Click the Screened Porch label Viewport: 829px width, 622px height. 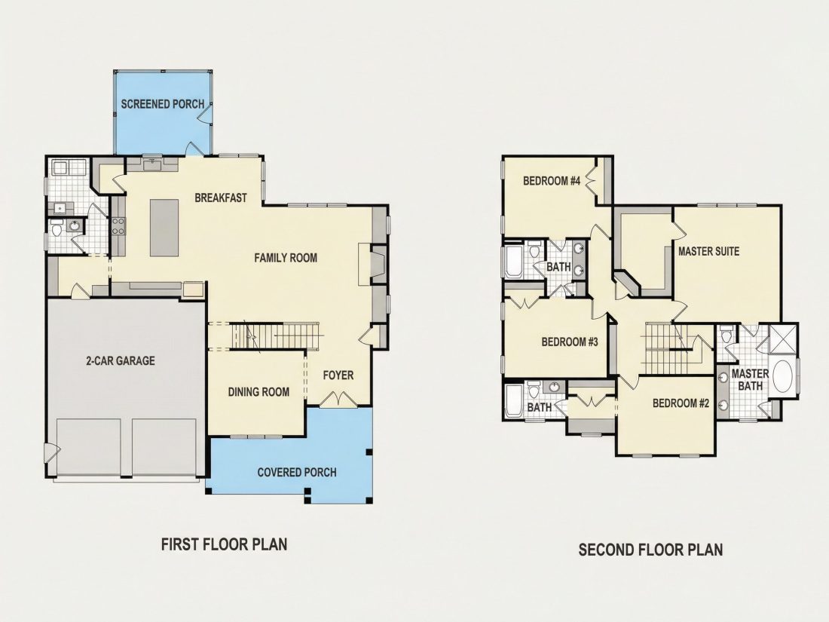click(162, 104)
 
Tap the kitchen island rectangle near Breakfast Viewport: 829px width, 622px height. click(164, 228)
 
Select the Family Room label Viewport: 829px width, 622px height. click(286, 258)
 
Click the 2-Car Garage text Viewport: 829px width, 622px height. click(121, 360)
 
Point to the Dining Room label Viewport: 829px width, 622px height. click(258, 392)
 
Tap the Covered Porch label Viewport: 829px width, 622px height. click(297, 472)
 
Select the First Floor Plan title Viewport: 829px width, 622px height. click(224, 544)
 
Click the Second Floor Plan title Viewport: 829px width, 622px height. click(650, 550)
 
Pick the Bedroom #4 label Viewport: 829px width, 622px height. click(552, 181)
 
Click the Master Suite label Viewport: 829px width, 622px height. click(708, 251)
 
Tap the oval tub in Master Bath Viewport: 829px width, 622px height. click(785, 376)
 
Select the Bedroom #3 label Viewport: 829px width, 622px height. click(570, 342)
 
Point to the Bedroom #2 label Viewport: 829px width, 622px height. click(681, 403)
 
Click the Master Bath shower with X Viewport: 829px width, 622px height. click(782, 339)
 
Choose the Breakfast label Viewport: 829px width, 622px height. click(221, 198)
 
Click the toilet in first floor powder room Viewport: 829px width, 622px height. click(57, 230)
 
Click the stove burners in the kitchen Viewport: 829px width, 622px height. click(118, 226)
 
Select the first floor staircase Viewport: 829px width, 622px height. click(275, 336)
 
